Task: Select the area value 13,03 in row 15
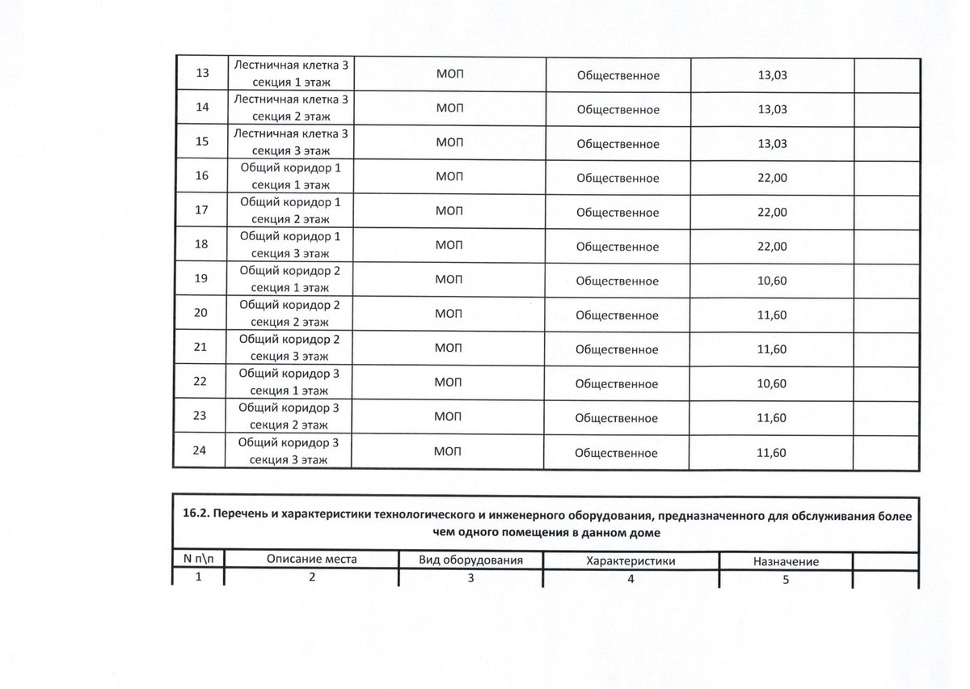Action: [x=772, y=144]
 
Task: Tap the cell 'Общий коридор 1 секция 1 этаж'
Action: [x=291, y=178]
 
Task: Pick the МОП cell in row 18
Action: [x=449, y=246]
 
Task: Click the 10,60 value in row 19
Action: [x=772, y=280]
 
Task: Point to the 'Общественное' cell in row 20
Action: [x=618, y=315]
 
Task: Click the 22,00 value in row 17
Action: [x=772, y=212]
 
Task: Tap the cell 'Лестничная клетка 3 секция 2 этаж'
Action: [x=291, y=108]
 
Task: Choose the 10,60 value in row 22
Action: [x=772, y=383]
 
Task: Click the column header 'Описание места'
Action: [x=311, y=560]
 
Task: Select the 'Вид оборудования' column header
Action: [x=471, y=560]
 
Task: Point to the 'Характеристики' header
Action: [x=630, y=560]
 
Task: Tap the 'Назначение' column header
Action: [x=786, y=561]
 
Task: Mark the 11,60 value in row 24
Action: [x=772, y=452]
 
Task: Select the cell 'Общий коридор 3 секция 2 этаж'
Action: [x=291, y=417]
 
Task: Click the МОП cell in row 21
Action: [x=449, y=349]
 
